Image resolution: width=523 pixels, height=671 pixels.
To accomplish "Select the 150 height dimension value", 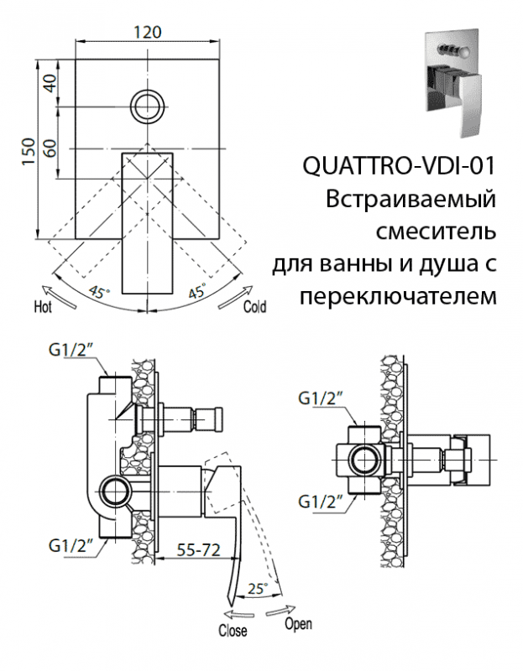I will click(x=28, y=152).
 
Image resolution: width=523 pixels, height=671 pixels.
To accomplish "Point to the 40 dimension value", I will click(x=50, y=83).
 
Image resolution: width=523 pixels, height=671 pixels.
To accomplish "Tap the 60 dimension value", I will click(x=50, y=148).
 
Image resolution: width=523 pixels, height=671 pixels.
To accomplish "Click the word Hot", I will click(x=43, y=307).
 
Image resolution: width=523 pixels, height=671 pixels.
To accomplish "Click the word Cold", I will click(x=254, y=307).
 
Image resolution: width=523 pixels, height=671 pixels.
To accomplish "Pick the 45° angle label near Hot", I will click(x=99, y=293).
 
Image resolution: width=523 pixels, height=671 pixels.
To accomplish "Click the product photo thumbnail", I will click(x=450, y=79).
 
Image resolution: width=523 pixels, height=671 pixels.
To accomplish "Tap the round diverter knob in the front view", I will click(x=149, y=106).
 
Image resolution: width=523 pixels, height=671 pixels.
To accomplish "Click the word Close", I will click(x=233, y=630).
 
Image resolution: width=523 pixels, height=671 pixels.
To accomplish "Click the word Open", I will click(x=298, y=624).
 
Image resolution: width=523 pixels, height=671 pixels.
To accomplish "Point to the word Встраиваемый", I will click(x=410, y=199).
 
